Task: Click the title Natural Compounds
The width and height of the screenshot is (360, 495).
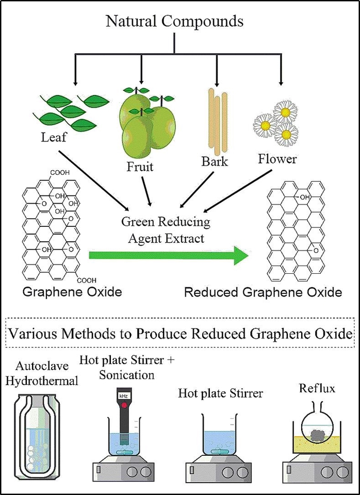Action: click(174, 21)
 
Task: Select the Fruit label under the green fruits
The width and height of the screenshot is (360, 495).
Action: click(140, 167)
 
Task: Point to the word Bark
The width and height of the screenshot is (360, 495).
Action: click(214, 162)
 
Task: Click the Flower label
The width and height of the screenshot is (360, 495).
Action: click(277, 158)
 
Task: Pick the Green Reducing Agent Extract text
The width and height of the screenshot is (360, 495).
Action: click(166, 230)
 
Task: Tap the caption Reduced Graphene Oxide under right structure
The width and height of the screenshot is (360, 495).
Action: click(263, 292)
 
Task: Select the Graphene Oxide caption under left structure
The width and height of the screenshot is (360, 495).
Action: click(72, 292)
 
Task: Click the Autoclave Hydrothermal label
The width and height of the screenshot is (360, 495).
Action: click(46, 374)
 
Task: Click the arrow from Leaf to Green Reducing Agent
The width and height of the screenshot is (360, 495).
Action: click(93, 180)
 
